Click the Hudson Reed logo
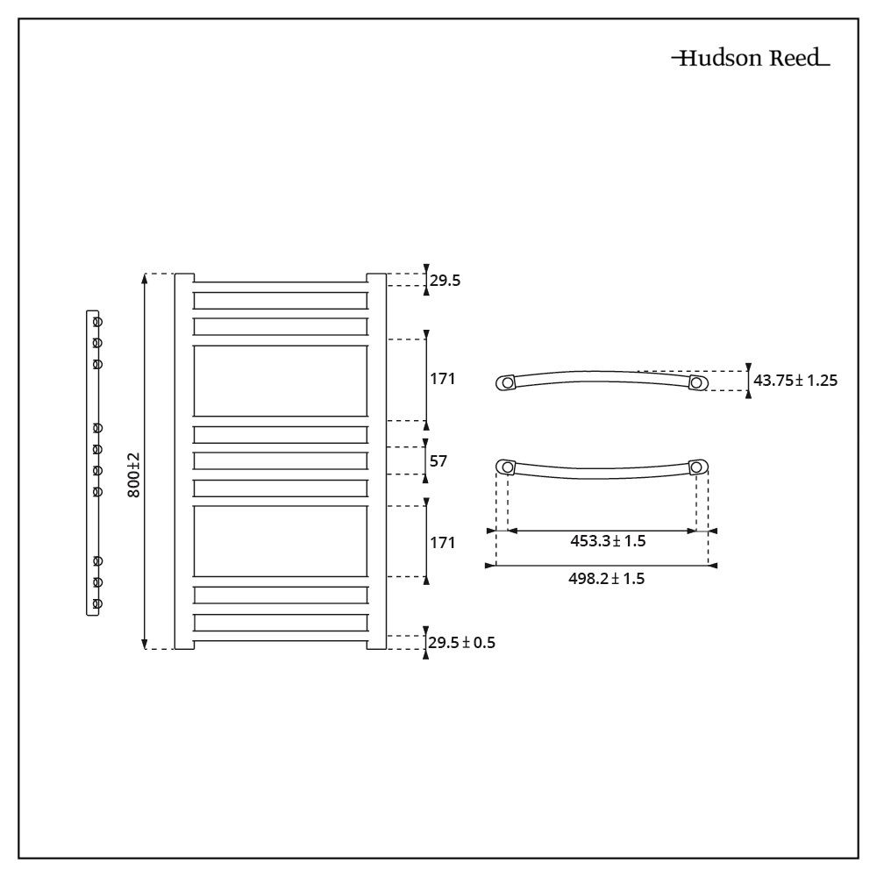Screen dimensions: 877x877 [751, 58]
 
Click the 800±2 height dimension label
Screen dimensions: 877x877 [133, 475]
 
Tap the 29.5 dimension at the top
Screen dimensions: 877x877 [446, 281]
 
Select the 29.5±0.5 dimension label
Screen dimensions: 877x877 [462, 643]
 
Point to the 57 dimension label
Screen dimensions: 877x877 [438, 461]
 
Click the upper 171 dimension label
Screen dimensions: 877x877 [442, 379]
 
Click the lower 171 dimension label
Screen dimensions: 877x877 [442, 543]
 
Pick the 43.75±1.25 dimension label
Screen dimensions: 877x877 [795, 381]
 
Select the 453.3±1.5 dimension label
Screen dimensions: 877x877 [608, 541]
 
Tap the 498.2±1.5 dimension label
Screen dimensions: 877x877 [607, 578]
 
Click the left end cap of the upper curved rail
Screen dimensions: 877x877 [506, 382]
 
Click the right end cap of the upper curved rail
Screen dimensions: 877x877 [698, 382]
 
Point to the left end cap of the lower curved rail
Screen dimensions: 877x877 [506, 467]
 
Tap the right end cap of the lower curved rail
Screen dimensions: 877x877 [698, 467]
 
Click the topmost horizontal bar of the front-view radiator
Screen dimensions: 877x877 [281, 300]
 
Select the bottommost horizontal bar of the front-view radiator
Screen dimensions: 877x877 [281, 623]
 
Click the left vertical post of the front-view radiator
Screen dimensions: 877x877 [184, 461]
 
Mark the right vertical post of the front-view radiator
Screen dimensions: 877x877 [376, 461]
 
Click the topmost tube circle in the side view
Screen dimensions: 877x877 [97, 322]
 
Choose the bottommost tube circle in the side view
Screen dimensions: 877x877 [97, 604]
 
